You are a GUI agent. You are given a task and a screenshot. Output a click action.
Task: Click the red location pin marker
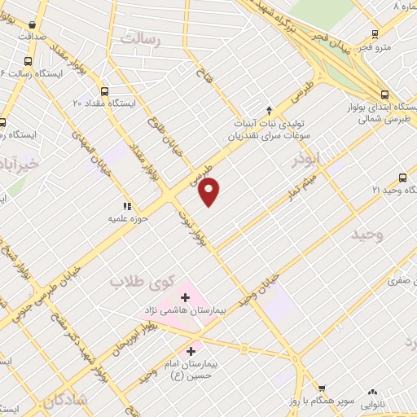click(x=209, y=192)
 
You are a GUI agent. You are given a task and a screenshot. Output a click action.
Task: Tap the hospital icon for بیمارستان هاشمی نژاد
click(x=185, y=298)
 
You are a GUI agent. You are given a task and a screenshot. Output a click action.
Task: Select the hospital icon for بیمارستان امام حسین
click(x=191, y=352)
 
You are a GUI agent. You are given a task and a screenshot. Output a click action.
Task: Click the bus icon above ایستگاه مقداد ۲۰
click(x=104, y=92)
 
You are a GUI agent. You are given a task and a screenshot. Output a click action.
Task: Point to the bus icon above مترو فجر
click(x=375, y=34)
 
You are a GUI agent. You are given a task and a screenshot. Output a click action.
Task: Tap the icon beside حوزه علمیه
click(x=126, y=206)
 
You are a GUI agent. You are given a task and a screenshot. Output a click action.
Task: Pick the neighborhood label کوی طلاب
click(x=143, y=283)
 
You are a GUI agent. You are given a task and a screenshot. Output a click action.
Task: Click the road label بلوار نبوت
click(x=191, y=229)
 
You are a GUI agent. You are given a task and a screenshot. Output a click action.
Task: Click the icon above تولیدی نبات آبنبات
click(x=270, y=110)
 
